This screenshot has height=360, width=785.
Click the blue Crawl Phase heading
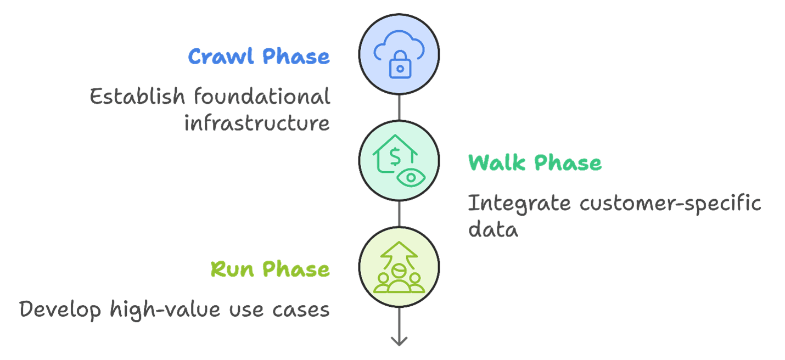(259, 57)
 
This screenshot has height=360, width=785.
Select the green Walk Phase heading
(534, 163)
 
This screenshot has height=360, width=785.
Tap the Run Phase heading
(270, 269)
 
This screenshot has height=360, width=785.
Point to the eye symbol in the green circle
(410, 177)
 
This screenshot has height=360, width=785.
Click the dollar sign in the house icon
(394, 156)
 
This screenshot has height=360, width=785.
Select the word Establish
(137, 97)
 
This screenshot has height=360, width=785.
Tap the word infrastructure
(257, 123)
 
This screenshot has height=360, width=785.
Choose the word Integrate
(519, 204)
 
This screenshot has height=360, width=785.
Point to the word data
(492, 229)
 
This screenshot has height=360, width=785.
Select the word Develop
(60, 310)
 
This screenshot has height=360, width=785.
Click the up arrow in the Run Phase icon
(399, 252)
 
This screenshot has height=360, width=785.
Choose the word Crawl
(222, 57)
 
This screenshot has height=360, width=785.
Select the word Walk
(497, 163)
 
